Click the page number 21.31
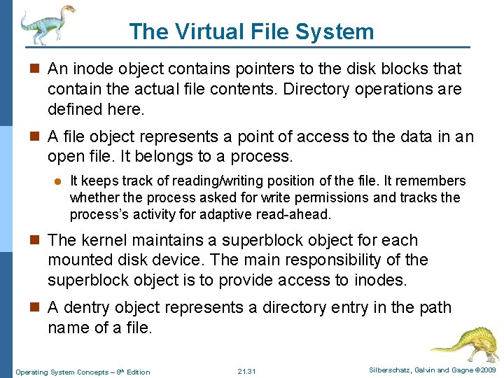pos(247,371)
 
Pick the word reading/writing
pos(205,181)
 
